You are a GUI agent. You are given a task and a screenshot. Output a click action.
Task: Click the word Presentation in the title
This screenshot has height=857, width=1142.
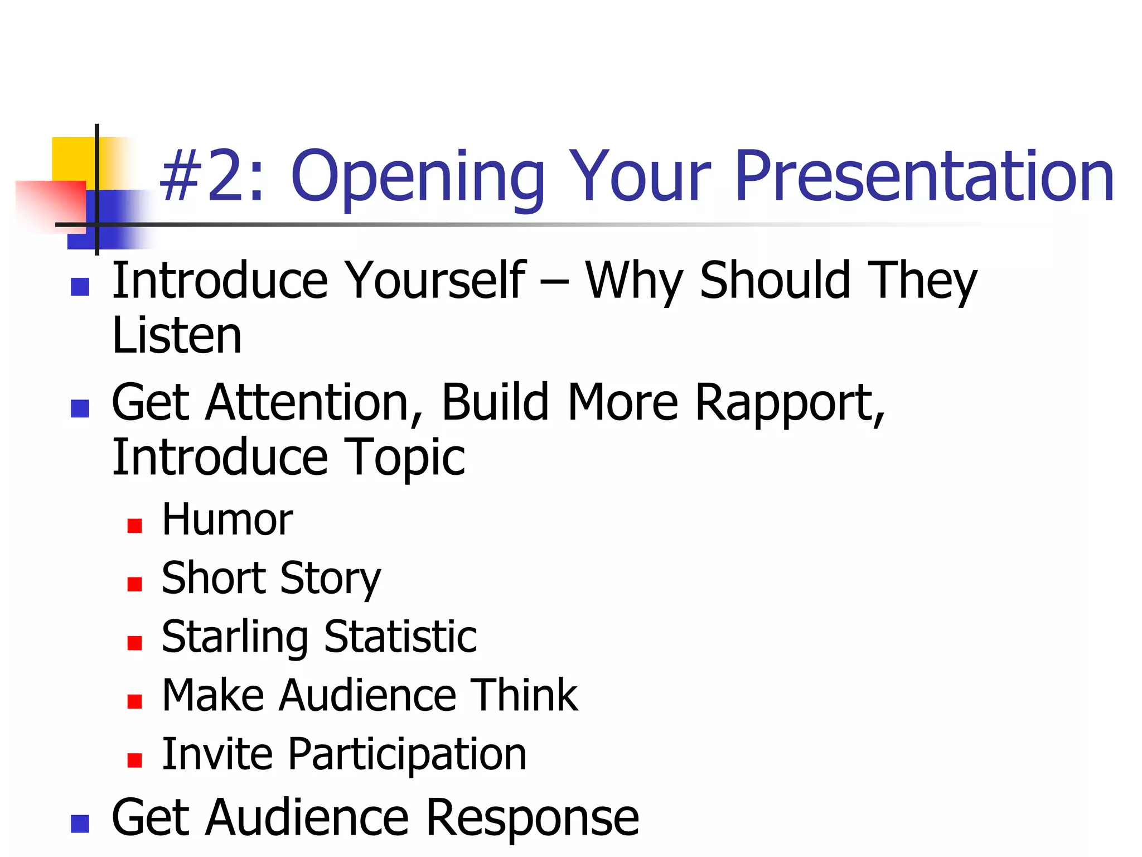[x=924, y=176]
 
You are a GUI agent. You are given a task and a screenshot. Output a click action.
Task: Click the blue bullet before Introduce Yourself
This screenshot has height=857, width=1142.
[x=80, y=287]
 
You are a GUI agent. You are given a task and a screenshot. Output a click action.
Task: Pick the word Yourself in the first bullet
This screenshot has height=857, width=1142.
[x=435, y=281]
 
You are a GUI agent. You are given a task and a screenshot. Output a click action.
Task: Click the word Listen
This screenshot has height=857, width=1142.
[x=177, y=336]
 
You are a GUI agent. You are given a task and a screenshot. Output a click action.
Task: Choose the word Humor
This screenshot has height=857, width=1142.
[x=227, y=519]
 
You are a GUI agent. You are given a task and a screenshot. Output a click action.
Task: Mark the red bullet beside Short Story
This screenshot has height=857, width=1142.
[x=134, y=584]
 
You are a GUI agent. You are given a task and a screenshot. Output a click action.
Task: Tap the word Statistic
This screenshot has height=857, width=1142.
[x=400, y=637]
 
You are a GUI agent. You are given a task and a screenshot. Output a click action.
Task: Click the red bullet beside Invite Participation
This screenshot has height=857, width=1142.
[x=134, y=760]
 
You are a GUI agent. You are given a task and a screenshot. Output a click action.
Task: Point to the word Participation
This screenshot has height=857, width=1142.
[x=407, y=754]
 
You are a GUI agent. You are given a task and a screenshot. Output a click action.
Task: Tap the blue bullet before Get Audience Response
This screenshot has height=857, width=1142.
[x=80, y=824]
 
